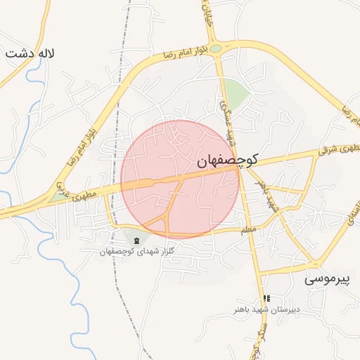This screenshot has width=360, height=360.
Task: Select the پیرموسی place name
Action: [326, 279]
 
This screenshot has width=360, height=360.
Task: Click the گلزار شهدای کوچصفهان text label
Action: [136, 251]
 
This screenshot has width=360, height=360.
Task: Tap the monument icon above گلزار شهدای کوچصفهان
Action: [136, 242]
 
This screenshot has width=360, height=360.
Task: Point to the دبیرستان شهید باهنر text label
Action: [267, 309]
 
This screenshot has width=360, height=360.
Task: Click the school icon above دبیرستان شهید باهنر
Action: [266, 299]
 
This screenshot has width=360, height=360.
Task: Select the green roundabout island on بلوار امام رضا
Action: [216, 49]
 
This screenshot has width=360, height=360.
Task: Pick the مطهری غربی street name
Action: [70, 197]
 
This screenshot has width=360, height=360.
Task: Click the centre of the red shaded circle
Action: [180, 179]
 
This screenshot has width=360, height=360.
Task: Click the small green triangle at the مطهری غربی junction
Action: [57, 198]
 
